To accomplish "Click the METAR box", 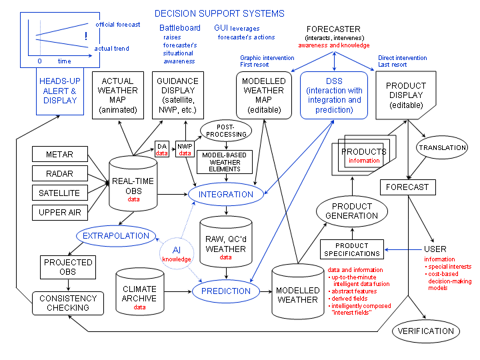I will pos(59,155).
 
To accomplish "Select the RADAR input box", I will pos(59,174).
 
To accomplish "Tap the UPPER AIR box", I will pos(59,213).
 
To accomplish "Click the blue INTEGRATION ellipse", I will pos(227,195).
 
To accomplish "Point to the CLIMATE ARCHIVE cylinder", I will pos(140,293).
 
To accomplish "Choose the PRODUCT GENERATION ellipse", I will pos(355,211).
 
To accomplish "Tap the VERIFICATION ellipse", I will pos(425,331).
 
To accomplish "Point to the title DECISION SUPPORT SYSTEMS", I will pos(219,13).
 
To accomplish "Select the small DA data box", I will pos(162,149).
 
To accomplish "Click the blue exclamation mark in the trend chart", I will pos(85,37).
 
